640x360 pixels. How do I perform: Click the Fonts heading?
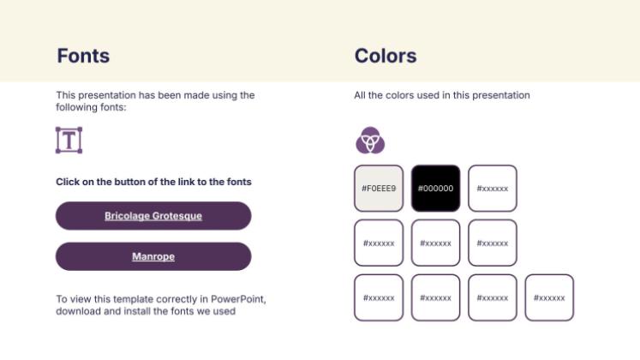(x=83, y=56)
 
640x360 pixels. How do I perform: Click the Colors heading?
(x=386, y=56)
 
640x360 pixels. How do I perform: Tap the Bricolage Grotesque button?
(x=153, y=216)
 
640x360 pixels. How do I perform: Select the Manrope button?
(x=153, y=256)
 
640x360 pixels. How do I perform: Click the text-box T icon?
(x=69, y=140)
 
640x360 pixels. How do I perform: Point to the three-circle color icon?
(x=370, y=139)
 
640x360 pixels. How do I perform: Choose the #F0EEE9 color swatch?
(x=379, y=188)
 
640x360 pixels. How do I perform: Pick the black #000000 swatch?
(x=435, y=188)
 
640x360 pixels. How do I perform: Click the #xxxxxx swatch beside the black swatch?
(x=492, y=188)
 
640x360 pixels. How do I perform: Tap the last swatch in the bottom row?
(x=549, y=297)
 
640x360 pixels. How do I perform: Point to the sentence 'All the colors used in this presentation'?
(x=441, y=95)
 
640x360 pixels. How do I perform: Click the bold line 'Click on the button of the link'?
(x=153, y=182)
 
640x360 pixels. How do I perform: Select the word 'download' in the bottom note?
(x=78, y=311)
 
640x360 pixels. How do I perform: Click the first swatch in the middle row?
(x=379, y=243)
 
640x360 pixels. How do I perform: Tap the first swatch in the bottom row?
(x=379, y=297)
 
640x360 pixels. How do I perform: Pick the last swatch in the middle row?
(x=492, y=243)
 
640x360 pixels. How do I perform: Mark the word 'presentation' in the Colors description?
(x=502, y=95)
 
